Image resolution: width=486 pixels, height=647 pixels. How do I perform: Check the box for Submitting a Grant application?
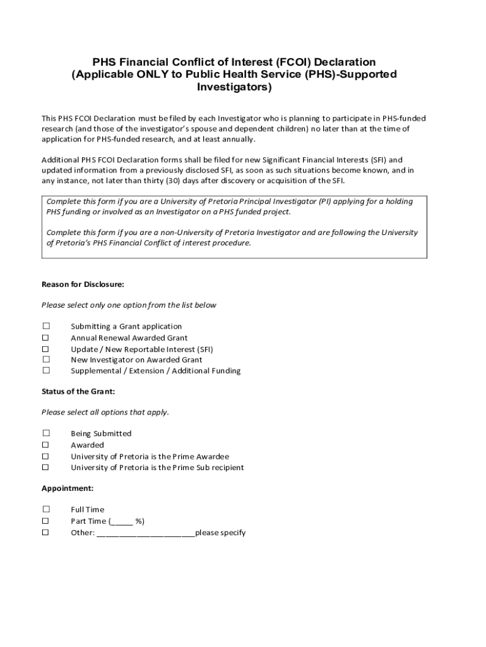pos(46,326)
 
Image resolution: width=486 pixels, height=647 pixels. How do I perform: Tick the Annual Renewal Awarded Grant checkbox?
pos(46,337)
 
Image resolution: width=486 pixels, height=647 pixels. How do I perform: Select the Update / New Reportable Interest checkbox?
pos(46,349)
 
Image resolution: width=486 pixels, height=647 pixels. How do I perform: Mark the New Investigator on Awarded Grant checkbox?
pos(46,360)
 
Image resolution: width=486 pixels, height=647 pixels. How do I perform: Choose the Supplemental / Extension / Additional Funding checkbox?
pos(46,370)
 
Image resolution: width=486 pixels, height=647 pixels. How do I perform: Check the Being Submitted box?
pos(46,433)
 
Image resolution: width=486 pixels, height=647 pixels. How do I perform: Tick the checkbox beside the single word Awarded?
pos(46,445)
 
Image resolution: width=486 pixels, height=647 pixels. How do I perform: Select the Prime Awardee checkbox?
pos(46,456)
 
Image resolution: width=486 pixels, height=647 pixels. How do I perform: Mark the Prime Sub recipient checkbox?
pos(46,468)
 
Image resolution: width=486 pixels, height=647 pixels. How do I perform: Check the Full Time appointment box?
pos(46,509)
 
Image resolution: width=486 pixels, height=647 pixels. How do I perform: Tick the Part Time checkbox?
pos(46,521)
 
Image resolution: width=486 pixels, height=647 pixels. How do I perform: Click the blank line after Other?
pos(146,534)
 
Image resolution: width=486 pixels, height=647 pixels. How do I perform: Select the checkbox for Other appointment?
pos(46,532)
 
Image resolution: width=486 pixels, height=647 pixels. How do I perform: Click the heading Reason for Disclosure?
pos(83,284)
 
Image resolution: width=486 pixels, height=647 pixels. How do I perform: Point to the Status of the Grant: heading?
pos(78,392)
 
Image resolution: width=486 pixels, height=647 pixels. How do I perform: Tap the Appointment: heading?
pos(68,488)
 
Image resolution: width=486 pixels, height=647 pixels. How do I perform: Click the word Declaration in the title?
pos(345,62)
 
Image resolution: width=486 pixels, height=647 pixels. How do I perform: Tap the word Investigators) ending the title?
pos(234,87)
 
